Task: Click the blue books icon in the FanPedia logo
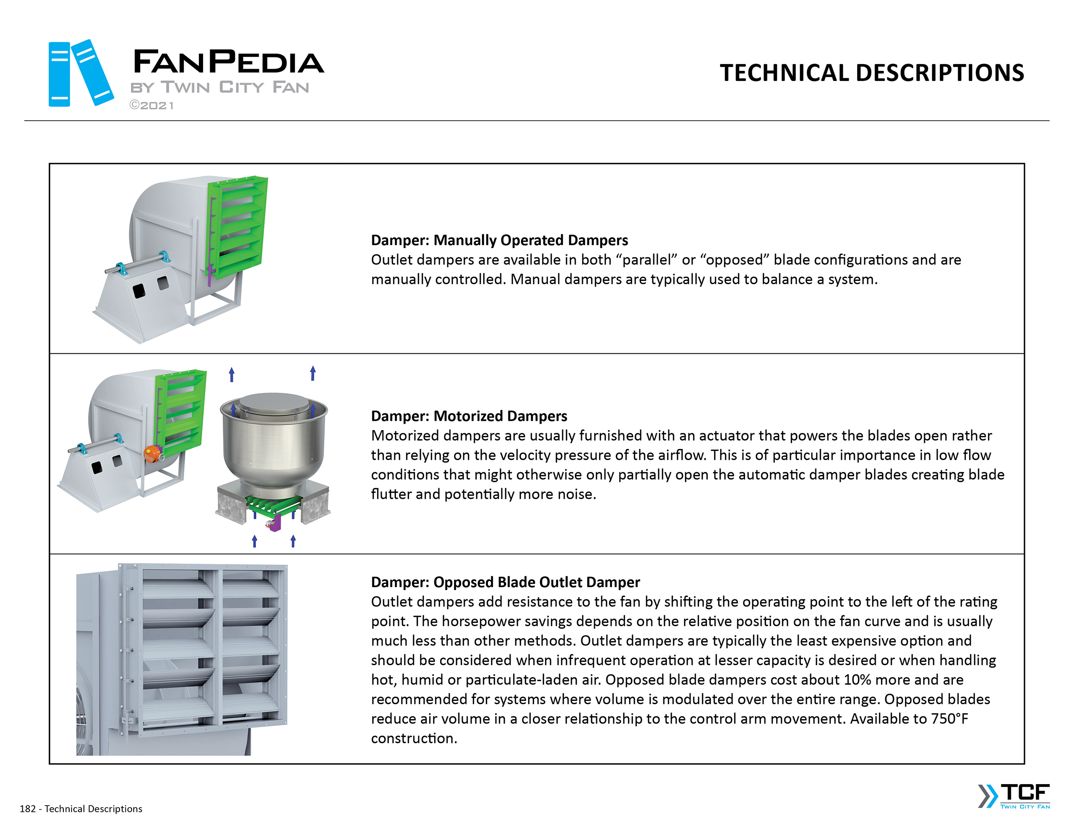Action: [81, 73]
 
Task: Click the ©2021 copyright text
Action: [151, 105]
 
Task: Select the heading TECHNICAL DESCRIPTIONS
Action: [871, 73]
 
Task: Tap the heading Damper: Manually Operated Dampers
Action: [499, 240]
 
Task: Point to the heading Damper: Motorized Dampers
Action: [469, 416]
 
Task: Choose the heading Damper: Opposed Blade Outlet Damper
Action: [505, 582]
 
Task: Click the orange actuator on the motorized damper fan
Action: [152, 453]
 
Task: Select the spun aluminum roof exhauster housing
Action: [274, 442]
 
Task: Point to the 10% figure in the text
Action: [857, 680]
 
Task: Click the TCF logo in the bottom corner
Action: [1014, 795]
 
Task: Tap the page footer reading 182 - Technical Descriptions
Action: [81, 808]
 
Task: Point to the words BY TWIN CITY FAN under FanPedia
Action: [220, 88]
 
